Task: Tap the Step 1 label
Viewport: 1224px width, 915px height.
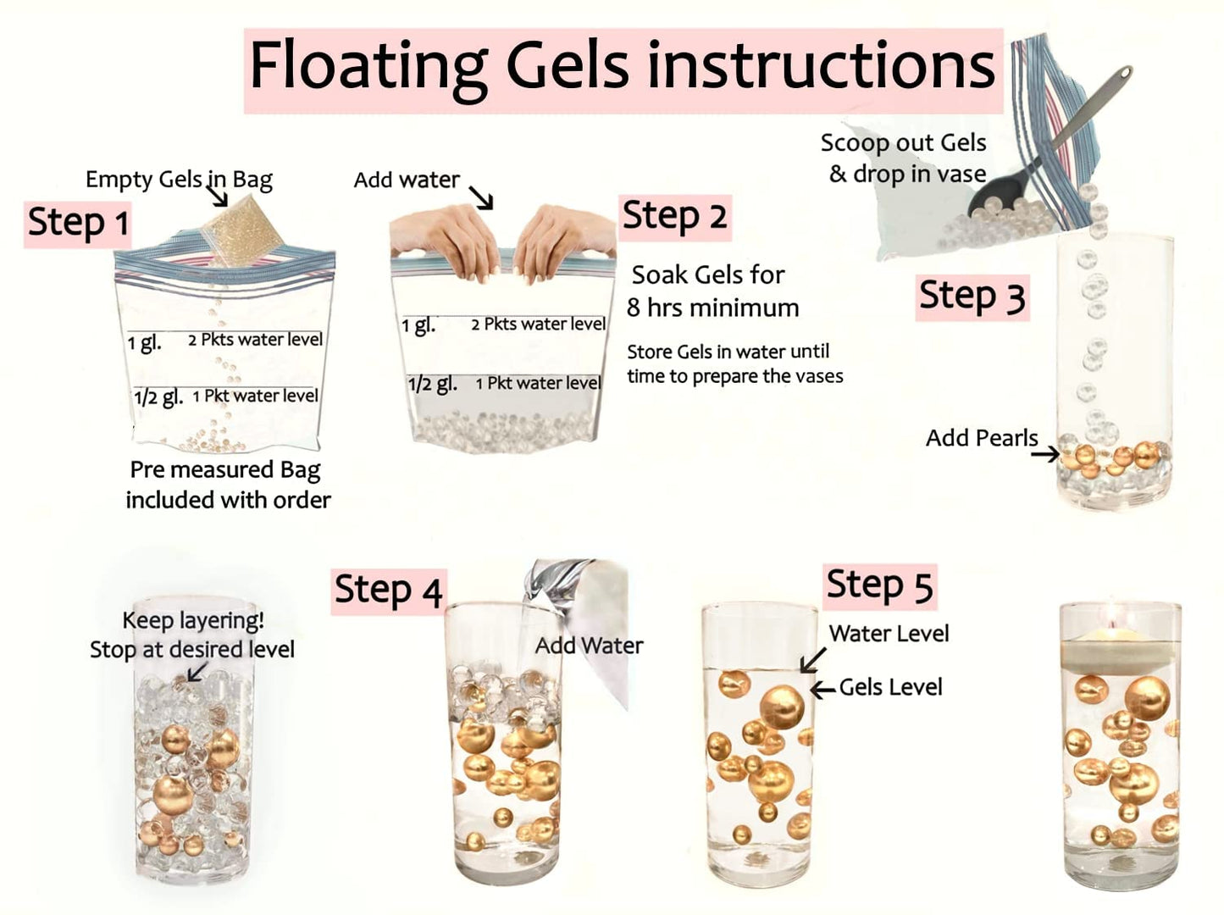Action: click(78, 223)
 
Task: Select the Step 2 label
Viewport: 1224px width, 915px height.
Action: click(675, 217)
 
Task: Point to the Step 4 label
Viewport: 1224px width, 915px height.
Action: click(389, 591)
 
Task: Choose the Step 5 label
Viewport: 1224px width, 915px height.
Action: click(880, 586)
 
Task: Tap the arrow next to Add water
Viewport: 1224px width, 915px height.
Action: click(480, 197)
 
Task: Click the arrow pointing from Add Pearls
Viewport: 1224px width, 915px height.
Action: click(1044, 454)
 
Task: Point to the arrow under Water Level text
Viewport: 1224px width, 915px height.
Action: click(812, 660)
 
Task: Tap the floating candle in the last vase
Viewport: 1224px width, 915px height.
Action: click(1120, 648)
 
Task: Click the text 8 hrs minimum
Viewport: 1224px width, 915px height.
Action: click(712, 308)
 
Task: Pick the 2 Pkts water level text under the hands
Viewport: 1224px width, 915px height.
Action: click(538, 324)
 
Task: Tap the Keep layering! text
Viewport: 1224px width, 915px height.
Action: click(193, 621)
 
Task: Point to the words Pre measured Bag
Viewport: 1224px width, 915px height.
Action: click(225, 470)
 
